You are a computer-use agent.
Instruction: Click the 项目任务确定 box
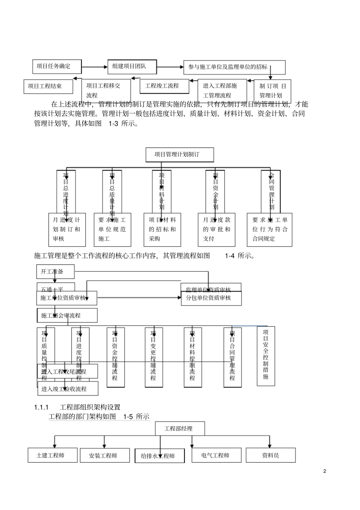tap(57, 66)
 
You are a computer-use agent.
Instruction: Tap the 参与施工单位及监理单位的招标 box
tap(234, 67)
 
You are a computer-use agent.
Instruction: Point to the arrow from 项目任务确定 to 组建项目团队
tap(94, 67)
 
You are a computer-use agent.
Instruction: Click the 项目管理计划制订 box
tap(180, 154)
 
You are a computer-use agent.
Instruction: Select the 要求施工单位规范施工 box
tap(112, 229)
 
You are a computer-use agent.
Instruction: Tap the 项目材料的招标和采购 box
tap(162, 229)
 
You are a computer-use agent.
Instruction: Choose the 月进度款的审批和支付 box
tap(216, 229)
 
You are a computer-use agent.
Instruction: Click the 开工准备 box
tap(55, 271)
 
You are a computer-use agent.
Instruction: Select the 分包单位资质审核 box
tap(211, 298)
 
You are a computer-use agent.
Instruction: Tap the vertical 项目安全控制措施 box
tap(266, 356)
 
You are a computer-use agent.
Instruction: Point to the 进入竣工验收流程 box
tap(68, 389)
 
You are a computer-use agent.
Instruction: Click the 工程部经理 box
tap(180, 428)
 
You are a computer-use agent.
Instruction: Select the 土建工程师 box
tap(52, 455)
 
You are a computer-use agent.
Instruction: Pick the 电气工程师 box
tap(216, 455)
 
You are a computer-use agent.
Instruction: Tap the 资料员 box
tap(271, 455)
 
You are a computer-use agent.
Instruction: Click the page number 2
tap(324, 471)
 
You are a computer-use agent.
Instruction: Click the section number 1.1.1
tap(41, 407)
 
